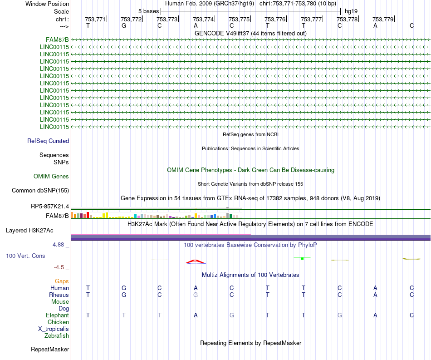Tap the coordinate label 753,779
pyautogui.click(x=382, y=19)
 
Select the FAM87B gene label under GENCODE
pyautogui.click(x=58, y=39)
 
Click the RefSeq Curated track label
pyautogui.click(x=48, y=141)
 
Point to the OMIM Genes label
pyautogui.click(x=51, y=177)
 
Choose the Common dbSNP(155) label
pyautogui.click(x=40, y=191)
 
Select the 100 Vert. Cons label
pyautogui.click(x=25, y=256)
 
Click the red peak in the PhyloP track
pyautogui.click(x=195, y=261)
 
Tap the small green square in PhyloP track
pyautogui.click(x=302, y=258)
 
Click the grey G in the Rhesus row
pyautogui.click(x=196, y=295)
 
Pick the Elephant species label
pyautogui.click(x=57, y=316)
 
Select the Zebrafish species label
pyautogui.click(x=57, y=336)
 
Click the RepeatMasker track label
pyautogui.click(x=50, y=350)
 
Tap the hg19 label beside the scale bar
pyautogui.click(x=351, y=11)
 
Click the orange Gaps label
pyautogui.click(x=62, y=281)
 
